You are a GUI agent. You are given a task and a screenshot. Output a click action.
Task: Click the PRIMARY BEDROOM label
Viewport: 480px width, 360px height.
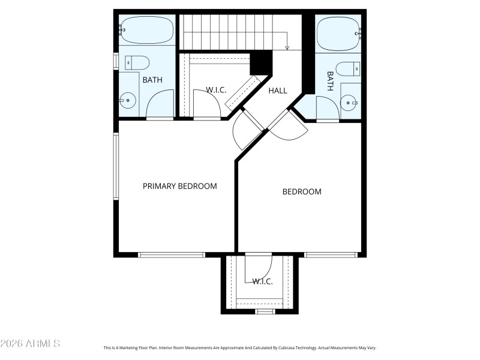(179, 186)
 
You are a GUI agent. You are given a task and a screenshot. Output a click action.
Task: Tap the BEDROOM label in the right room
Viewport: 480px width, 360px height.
(302, 192)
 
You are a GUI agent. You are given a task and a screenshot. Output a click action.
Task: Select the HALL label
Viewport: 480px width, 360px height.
(278, 91)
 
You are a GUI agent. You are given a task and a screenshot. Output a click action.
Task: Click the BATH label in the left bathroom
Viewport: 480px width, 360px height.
(152, 79)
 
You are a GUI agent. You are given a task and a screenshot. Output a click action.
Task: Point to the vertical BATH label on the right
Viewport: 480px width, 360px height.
(330, 82)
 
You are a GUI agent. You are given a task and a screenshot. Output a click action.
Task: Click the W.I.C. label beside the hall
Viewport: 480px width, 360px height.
(216, 90)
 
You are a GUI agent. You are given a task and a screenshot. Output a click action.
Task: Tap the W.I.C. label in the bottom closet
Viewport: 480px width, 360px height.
(262, 281)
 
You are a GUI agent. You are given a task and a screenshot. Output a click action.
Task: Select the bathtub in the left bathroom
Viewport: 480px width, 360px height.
(147, 30)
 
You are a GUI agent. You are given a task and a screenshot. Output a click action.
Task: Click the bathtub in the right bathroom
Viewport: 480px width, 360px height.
(338, 34)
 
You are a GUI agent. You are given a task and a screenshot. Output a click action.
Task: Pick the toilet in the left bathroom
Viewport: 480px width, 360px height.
(137, 62)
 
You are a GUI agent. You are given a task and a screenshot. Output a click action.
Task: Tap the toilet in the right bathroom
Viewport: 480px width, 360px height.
(347, 69)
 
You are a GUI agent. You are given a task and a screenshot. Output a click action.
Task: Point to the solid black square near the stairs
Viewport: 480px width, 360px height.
(261, 62)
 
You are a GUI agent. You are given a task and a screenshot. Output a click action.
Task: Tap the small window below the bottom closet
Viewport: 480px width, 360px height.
(265, 311)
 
